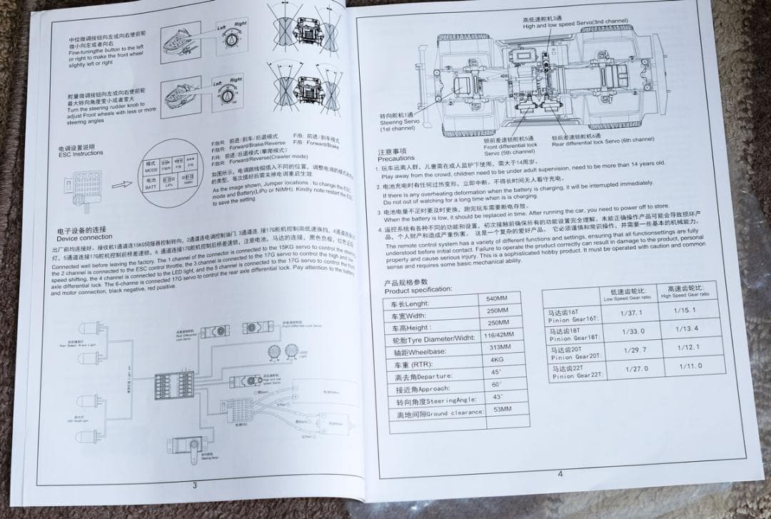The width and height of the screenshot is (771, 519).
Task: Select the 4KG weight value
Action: pos(497,359)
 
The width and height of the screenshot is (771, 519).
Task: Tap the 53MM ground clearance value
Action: pos(503,409)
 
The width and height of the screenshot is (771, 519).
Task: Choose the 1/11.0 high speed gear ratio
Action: pos(690,366)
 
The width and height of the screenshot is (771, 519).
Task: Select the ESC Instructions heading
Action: pos(81,152)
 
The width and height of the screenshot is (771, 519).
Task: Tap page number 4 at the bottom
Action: pos(560,473)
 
